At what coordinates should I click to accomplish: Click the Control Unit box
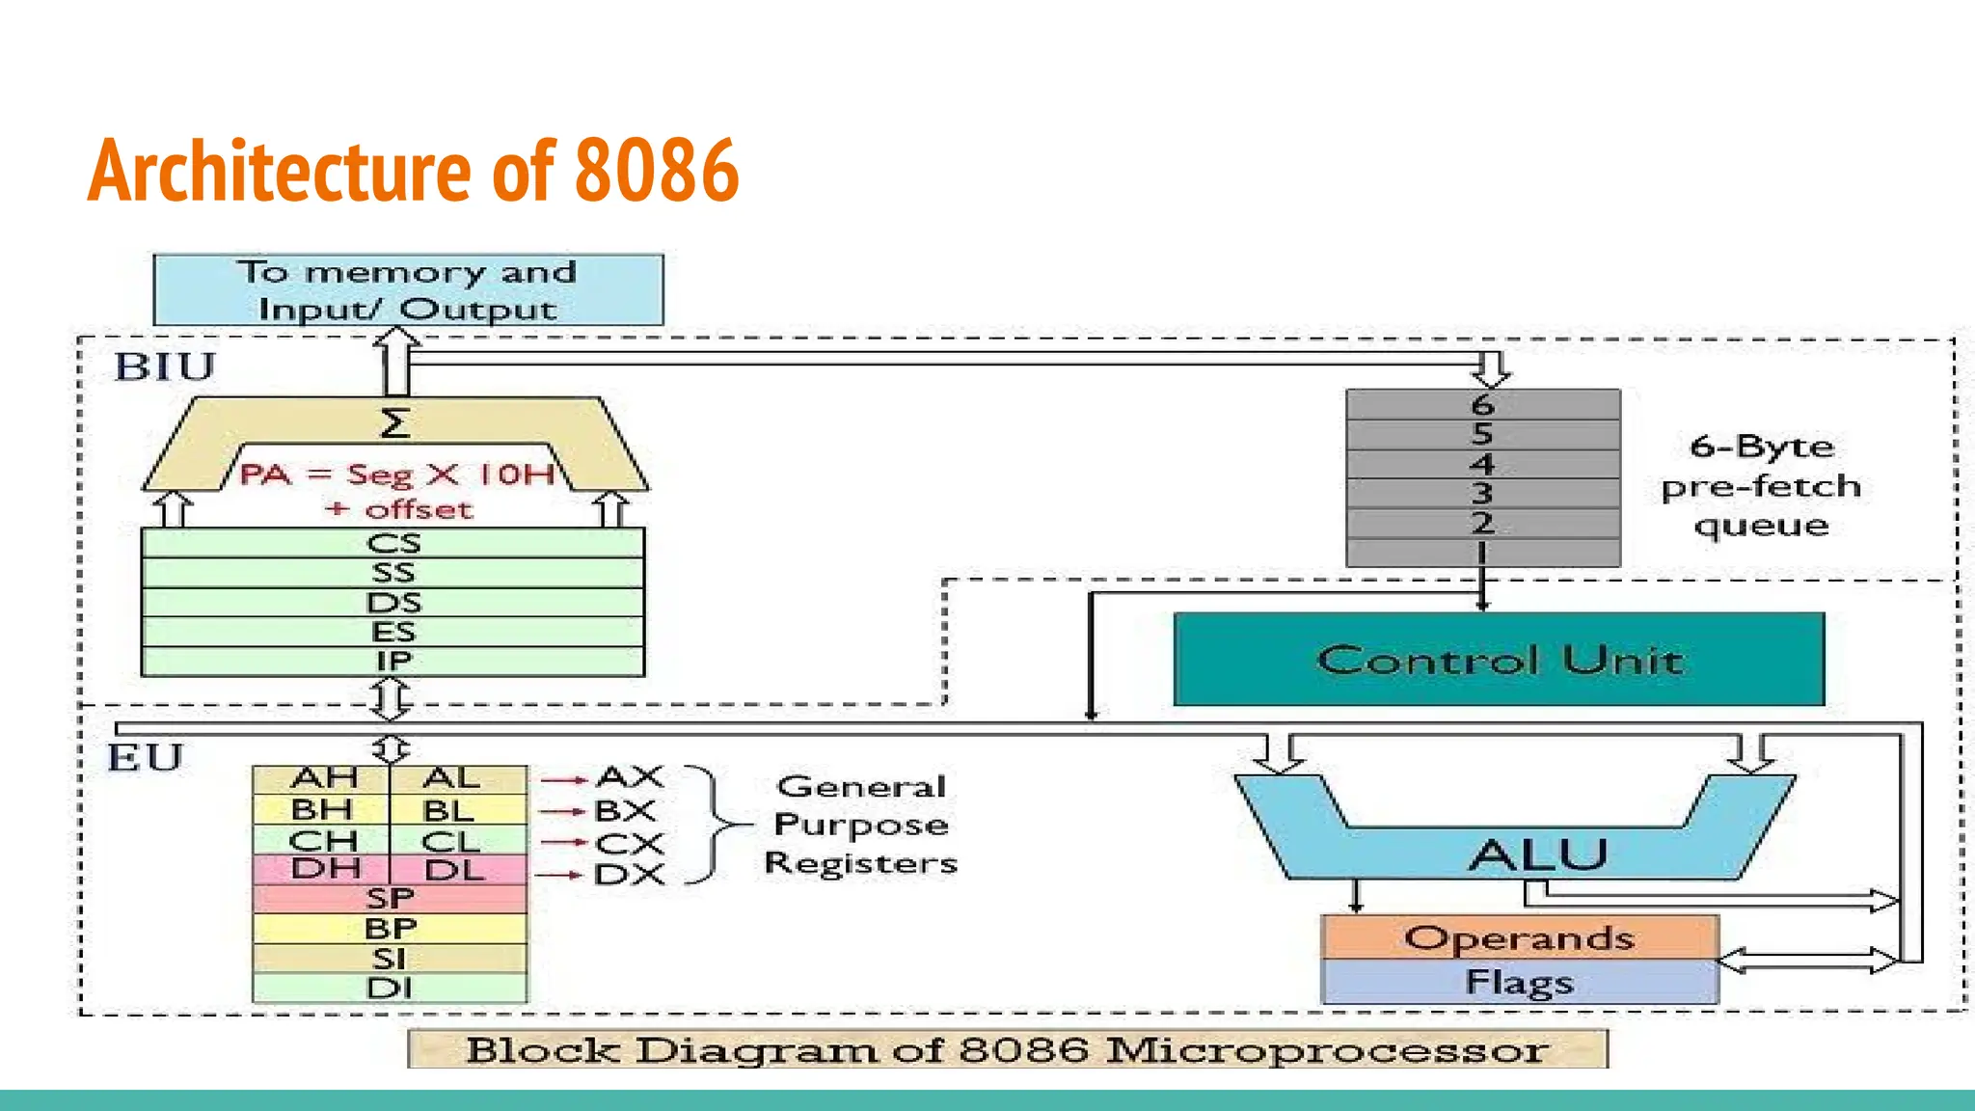click(x=1499, y=660)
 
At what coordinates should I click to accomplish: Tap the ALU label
click(x=1538, y=854)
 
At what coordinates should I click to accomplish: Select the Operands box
click(x=1519, y=937)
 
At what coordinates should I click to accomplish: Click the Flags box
click(x=1519, y=982)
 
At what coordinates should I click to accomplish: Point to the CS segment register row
click(x=392, y=543)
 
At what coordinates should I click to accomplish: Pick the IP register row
click(x=392, y=662)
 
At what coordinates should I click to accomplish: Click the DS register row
click(x=392, y=603)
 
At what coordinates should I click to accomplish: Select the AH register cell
click(x=322, y=778)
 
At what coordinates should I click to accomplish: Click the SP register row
click(x=390, y=899)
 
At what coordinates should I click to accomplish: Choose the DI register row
click(x=390, y=988)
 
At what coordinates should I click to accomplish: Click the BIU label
click(x=165, y=367)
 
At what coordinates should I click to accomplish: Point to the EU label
click(x=145, y=758)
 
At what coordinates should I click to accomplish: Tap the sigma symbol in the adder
click(x=394, y=423)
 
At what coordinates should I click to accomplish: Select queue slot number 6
click(x=1482, y=404)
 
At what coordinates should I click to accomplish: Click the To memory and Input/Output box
click(x=408, y=290)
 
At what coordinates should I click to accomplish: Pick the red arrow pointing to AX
click(x=563, y=779)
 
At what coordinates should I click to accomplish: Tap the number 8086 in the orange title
click(x=657, y=171)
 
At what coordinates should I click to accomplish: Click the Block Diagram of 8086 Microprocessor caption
click(x=1007, y=1049)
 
